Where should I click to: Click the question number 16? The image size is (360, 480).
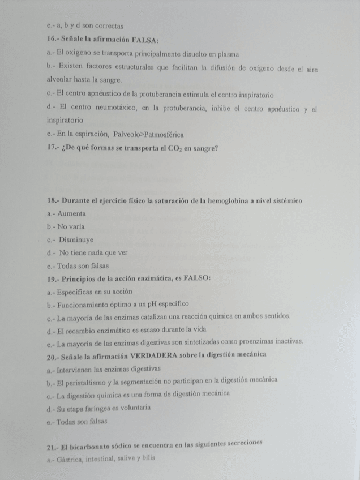point(52,40)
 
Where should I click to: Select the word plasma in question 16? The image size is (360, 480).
point(227,54)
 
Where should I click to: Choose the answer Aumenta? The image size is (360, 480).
point(72,214)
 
